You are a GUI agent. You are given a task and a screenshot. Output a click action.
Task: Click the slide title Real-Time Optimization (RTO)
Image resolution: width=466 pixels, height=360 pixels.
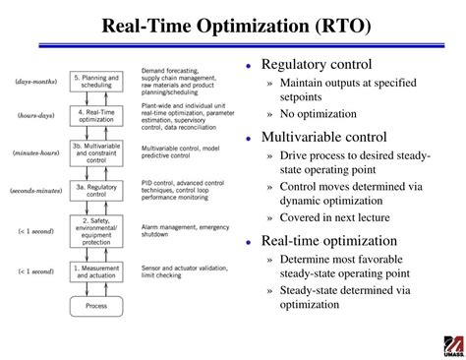click(x=233, y=25)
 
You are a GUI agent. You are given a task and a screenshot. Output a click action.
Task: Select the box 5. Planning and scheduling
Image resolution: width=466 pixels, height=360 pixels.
click(x=96, y=81)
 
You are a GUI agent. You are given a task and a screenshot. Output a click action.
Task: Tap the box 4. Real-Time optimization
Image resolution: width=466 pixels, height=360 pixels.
click(x=96, y=116)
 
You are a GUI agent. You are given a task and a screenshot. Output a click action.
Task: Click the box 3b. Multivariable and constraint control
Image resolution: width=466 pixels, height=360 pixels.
click(x=96, y=153)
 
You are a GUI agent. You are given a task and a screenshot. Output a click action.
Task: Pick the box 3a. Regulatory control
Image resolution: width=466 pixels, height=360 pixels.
click(x=96, y=189)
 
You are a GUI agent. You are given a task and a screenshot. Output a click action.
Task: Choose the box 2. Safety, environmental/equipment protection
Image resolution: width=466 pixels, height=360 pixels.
click(x=96, y=231)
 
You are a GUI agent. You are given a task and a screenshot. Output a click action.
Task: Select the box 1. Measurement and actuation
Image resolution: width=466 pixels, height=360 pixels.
click(x=96, y=270)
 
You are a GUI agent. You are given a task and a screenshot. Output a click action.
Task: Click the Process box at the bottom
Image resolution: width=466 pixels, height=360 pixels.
click(x=95, y=306)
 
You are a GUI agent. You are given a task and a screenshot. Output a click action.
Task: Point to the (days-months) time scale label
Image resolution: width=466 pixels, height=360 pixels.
click(x=35, y=81)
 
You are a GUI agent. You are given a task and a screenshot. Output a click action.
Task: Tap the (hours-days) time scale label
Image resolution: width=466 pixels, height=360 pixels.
click(x=36, y=116)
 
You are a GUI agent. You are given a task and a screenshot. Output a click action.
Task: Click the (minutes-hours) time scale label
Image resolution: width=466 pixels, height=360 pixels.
click(x=35, y=153)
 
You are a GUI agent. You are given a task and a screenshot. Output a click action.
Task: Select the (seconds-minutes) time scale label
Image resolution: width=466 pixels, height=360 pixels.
click(x=34, y=189)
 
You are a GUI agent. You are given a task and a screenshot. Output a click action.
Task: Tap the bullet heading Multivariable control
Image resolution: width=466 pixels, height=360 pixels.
click(x=322, y=137)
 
